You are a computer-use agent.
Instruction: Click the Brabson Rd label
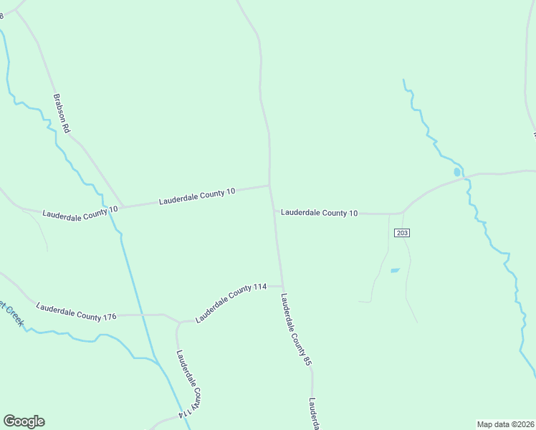pyautogui.click(x=61, y=113)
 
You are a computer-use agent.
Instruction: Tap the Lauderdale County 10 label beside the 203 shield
pyautogui.click(x=319, y=213)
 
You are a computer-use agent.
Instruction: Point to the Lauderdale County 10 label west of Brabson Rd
pyautogui.click(x=80, y=212)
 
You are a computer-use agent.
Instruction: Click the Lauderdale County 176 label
pyautogui.click(x=76, y=312)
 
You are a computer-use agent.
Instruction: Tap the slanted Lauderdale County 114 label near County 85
pyautogui.click(x=231, y=303)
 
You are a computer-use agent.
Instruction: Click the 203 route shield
pyautogui.click(x=401, y=233)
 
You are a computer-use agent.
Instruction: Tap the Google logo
pyautogui.click(x=24, y=421)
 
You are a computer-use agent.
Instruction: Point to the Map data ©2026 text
pyautogui.click(x=505, y=424)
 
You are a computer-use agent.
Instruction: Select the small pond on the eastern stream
pyautogui.click(x=457, y=172)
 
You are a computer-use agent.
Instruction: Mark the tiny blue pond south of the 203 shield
pyautogui.click(x=394, y=270)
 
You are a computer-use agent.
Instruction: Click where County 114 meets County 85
pyautogui.click(x=282, y=286)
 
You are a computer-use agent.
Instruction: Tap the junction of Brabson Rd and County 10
pyautogui.click(x=123, y=207)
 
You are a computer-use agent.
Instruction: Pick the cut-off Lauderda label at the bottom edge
pyautogui.click(x=314, y=414)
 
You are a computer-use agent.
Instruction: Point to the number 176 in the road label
pyautogui.click(x=108, y=316)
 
